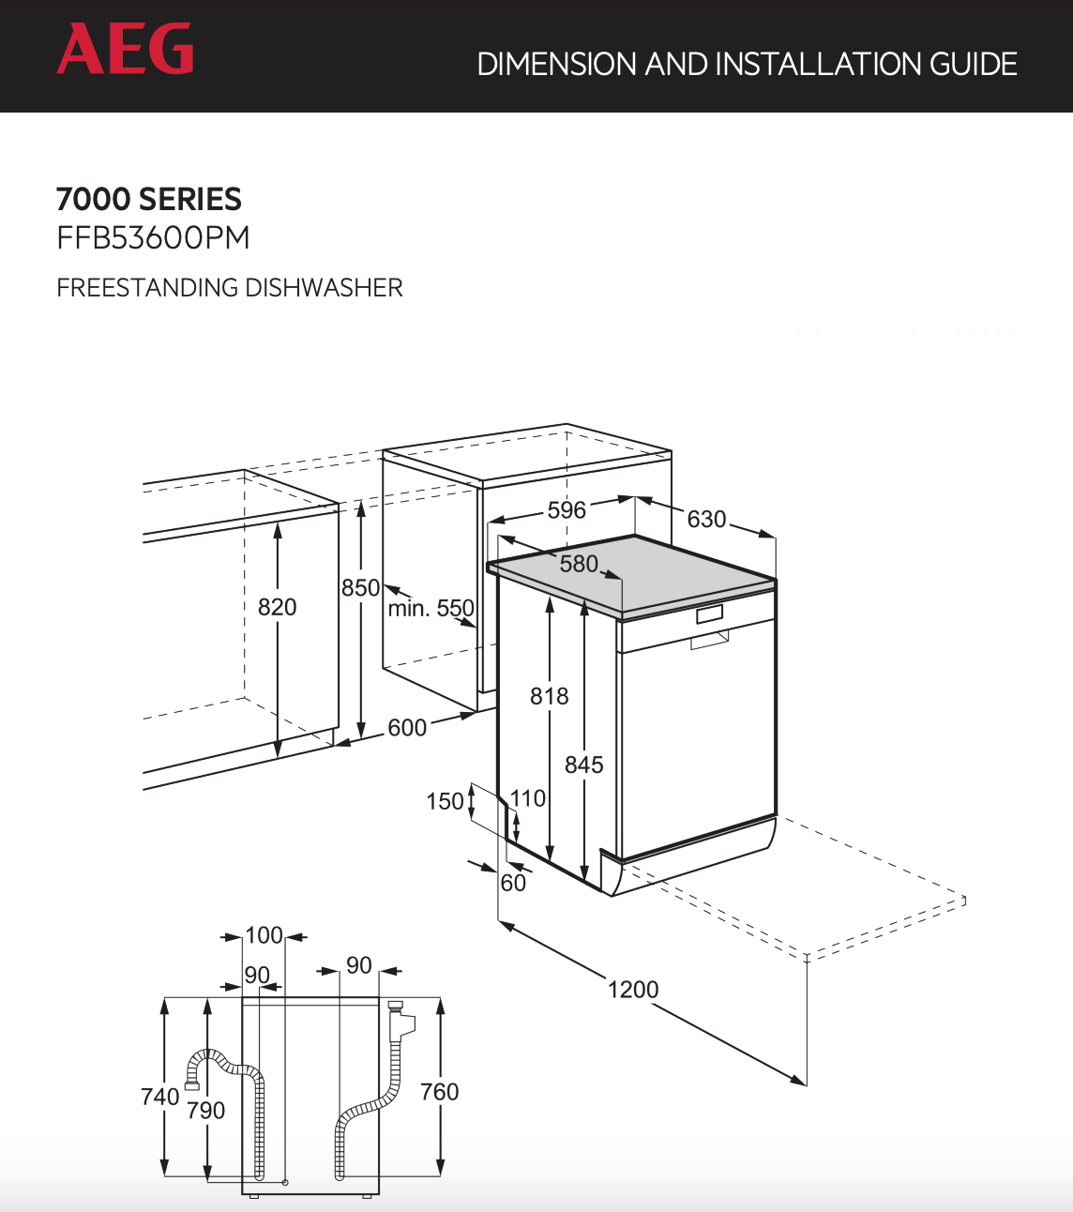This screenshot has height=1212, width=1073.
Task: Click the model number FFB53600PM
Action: pos(153,238)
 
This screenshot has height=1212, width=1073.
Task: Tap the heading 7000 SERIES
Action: pos(149,199)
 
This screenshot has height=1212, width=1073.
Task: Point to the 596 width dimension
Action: pos(567,510)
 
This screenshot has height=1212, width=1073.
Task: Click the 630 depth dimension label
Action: pos(706,520)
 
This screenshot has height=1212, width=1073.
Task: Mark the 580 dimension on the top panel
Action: pos(579,564)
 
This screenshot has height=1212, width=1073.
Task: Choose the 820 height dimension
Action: pos(277,607)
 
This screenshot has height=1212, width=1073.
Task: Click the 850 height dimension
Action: pos(360,588)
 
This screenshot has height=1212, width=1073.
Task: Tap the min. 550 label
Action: pos(431,609)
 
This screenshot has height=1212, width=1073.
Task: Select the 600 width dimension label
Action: pos(407,728)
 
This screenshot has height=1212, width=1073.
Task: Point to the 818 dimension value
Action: pos(549,696)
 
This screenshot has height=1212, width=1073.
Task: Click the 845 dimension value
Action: pos(583,765)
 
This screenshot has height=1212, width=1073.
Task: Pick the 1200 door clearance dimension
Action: pos(633,990)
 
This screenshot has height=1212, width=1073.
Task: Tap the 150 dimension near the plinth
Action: pos(445,801)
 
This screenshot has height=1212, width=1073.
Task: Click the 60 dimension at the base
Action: pos(513,883)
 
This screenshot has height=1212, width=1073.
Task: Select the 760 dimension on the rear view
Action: pos(439,1092)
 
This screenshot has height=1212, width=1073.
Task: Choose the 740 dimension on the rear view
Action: pos(159,1097)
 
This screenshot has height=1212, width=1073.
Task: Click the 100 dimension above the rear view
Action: pos(264,935)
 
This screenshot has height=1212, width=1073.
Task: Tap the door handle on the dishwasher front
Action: pos(710,642)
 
